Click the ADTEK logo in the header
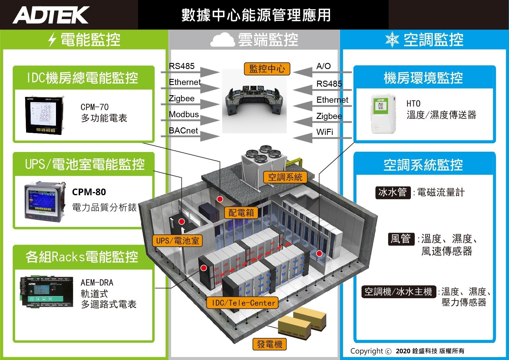pos(51,15)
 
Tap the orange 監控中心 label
pos(267,69)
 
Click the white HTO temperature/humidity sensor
pos(383,114)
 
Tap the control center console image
pos(254,100)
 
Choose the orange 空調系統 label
pos(285,177)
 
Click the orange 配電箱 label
pos(241,213)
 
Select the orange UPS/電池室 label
pos(177,241)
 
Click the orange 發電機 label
pos(269,345)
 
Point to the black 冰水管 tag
pos(393,192)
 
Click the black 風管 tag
pos(401,239)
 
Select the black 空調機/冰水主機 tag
pos(398,292)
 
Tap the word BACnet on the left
pos(183,131)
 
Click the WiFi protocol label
pos(325,132)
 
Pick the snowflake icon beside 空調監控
pos(392,39)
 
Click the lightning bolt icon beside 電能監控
pos(52,39)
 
